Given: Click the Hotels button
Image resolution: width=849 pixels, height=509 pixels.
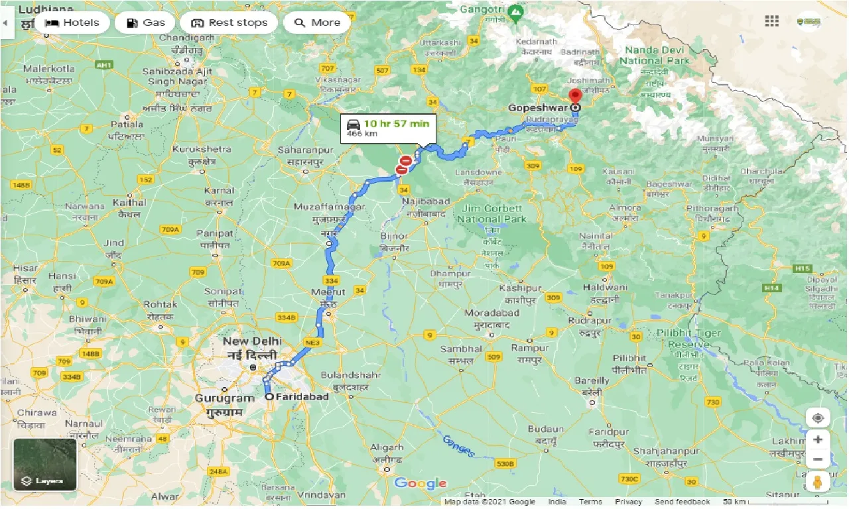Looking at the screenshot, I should pos(72,23).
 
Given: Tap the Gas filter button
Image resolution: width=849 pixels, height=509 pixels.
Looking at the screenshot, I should pos(145,23).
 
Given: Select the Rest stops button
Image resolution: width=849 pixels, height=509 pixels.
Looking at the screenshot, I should pos(229,23).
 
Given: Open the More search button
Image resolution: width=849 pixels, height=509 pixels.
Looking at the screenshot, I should pos(317,23).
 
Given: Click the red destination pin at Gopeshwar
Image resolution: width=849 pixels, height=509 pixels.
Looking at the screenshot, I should pos(576,96).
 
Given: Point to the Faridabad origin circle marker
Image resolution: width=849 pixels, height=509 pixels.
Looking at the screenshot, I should pos(269,396).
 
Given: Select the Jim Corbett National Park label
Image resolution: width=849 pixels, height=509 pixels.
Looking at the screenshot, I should pos(492,213).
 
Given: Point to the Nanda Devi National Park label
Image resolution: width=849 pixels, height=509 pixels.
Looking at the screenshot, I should pos(655,56).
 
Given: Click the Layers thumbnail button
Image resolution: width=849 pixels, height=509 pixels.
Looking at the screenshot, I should pos(45,464).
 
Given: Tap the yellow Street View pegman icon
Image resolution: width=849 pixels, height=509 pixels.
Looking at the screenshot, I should pos(818,481).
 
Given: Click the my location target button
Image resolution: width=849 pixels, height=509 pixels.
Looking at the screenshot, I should pos(818,418).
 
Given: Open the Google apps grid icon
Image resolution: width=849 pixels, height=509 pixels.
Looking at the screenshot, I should pos(771,21).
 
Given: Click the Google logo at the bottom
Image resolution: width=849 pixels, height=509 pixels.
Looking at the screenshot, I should pos(421,483).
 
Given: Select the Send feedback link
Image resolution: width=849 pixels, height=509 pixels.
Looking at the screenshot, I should pos(682,502).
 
